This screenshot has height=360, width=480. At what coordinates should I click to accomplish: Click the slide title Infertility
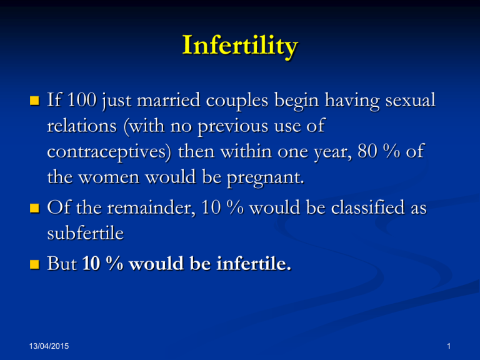coord(240,46)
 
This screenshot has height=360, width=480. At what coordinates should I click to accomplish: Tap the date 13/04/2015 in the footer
coord(49,346)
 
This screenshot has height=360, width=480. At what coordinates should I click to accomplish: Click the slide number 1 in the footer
coord(449,346)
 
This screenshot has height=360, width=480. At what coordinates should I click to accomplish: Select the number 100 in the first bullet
coord(82,100)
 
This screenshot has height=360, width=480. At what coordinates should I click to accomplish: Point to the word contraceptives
coord(109,152)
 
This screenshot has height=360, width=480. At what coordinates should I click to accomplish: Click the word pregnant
coord(266,178)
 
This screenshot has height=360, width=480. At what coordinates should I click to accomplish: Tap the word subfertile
coord(86,233)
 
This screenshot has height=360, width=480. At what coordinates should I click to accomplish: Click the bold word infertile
coord(254,263)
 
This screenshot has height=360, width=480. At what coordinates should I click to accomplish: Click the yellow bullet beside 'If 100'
coord(34,101)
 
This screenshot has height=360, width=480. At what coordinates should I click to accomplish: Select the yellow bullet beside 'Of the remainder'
coord(34,208)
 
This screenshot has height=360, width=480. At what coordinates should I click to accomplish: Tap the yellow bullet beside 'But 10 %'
coord(34,264)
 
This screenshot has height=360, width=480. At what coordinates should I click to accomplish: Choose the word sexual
coord(410,100)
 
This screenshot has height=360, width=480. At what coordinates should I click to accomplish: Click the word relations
coord(82,126)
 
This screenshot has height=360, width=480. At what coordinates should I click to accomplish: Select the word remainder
coord(151,207)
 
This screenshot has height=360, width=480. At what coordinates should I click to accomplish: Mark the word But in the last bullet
coord(62,263)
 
